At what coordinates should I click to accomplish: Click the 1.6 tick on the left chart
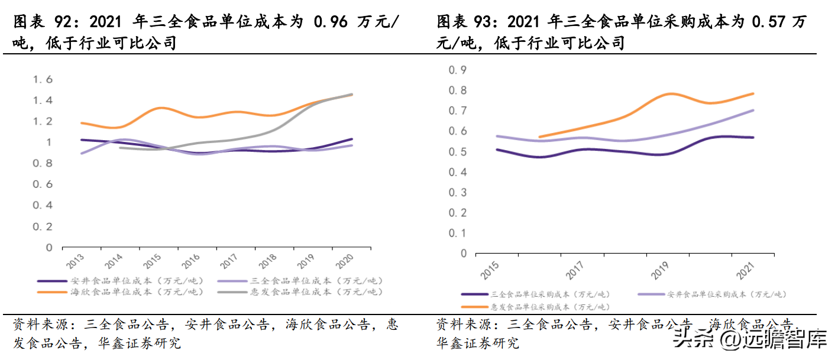(42, 79)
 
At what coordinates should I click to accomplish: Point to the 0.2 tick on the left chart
(42, 226)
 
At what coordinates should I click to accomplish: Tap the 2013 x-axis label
(75, 260)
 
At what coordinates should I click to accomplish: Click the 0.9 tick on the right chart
(458, 70)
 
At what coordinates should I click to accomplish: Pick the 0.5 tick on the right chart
(458, 152)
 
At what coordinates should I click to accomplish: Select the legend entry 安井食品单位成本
(136, 281)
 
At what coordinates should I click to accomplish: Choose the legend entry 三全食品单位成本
(316, 281)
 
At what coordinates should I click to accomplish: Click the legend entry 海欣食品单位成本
(136, 292)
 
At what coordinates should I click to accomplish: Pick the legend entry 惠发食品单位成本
(316, 292)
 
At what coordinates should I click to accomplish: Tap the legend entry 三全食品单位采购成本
(549, 294)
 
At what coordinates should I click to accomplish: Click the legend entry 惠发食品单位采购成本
(549, 307)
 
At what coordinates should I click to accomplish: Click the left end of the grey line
(120, 148)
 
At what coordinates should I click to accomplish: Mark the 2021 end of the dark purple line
(753, 137)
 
